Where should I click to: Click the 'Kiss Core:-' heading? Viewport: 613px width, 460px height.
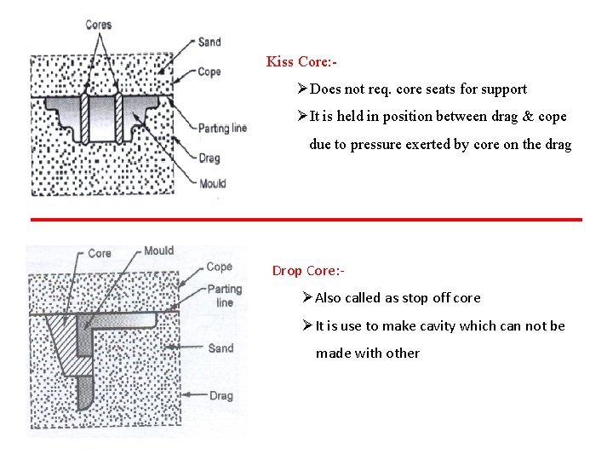tap(302, 61)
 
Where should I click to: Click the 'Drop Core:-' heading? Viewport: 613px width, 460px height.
tap(308, 271)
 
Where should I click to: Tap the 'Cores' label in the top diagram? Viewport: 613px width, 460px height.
tap(99, 25)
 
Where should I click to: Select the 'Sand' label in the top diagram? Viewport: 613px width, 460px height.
tap(209, 42)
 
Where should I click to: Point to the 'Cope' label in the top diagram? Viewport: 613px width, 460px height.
tap(209, 72)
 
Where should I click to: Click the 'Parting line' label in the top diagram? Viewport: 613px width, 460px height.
tap(222, 128)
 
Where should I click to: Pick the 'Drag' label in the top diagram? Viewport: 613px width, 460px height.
tap(209, 158)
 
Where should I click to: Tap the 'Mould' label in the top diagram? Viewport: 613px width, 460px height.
tap(212, 183)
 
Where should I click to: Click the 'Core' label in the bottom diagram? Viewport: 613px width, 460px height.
tap(100, 253)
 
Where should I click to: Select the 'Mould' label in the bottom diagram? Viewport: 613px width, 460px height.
tap(158, 250)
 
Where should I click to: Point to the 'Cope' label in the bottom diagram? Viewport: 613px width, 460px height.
tap(219, 267)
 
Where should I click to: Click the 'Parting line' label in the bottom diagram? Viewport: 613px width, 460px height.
tap(225, 296)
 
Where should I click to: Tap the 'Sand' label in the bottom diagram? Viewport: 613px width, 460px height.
tap(221, 348)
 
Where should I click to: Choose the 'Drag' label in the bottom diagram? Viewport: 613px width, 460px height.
tap(221, 395)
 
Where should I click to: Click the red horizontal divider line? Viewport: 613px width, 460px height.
tap(306, 220)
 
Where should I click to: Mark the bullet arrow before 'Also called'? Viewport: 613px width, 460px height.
tap(307, 297)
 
